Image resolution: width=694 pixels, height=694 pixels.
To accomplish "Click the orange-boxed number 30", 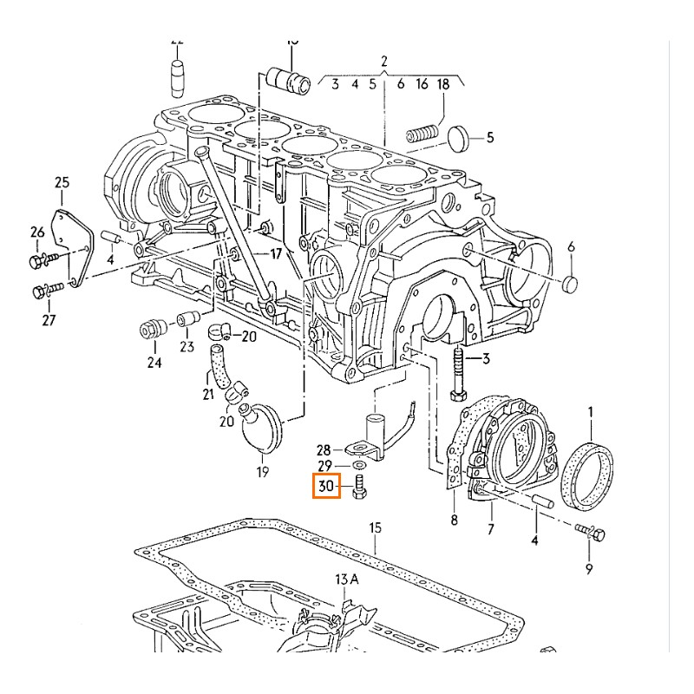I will click(x=326, y=487).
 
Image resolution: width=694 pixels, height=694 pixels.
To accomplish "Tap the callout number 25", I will click(x=62, y=182).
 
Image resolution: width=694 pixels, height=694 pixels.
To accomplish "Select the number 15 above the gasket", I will click(x=375, y=528).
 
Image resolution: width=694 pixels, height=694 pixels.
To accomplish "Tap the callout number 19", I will click(x=262, y=473).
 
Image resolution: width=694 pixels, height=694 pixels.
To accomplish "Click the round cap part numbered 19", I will click(x=260, y=427).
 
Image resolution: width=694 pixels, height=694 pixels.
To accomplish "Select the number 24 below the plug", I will click(x=154, y=363).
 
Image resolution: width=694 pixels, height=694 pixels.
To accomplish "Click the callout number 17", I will click(x=275, y=254).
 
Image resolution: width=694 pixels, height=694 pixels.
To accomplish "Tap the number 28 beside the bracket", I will click(x=324, y=450).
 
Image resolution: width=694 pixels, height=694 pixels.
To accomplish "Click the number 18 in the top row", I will click(x=443, y=84).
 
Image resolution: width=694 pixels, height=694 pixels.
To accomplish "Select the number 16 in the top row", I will click(x=422, y=84).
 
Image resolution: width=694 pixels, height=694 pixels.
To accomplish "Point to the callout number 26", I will click(x=37, y=232).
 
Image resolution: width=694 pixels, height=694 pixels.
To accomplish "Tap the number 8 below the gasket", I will click(x=454, y=520).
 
